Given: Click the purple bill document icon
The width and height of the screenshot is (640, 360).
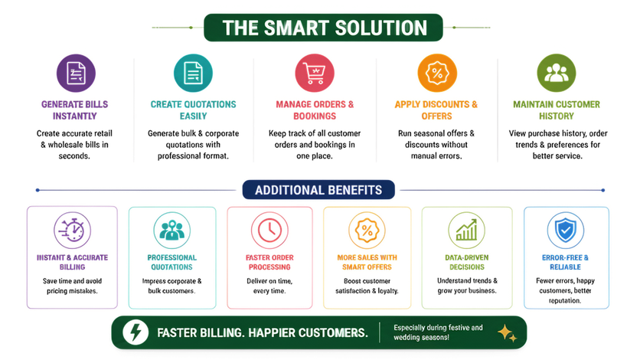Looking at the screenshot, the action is tap(76, 74).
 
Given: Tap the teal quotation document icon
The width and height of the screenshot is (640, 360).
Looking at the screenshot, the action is tap(193, 74).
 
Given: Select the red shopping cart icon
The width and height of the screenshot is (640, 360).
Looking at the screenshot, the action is tap(315, 74).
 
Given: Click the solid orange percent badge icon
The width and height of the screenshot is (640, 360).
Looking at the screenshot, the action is tap(437, 74).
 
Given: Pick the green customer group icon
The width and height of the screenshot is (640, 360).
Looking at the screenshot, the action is tap(557, 74).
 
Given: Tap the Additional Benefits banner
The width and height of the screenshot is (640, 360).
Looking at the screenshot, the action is tap(318, 190).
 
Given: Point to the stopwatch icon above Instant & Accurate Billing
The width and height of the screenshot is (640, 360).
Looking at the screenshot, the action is tap(72, 231).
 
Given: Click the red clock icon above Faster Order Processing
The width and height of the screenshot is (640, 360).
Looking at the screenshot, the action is tap(269, 231).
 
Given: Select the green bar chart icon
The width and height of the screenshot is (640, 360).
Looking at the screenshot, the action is tap(466, 231).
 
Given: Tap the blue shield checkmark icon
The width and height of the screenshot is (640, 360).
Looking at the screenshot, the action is tap(566, 231).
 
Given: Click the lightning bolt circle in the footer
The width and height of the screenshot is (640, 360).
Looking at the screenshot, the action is tap(136, 332).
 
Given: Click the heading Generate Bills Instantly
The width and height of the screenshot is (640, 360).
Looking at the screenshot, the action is tap(75, 110).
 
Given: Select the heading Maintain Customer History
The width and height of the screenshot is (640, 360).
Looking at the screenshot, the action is tap(557, 110).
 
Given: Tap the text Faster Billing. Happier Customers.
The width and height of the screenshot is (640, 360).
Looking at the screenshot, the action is tap(263, 333).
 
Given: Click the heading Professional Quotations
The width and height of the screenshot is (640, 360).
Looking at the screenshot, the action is tap(171, 263).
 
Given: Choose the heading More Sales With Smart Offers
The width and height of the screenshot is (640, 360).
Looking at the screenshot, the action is tap(367, 263).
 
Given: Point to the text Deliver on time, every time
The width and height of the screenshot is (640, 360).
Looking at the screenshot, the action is tap(269, 286).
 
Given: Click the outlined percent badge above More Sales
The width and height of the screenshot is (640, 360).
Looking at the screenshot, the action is tap(367, 231).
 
